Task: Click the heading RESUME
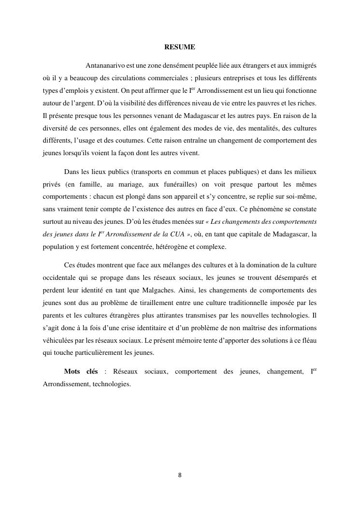180,47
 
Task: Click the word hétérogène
173,247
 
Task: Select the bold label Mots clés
81,372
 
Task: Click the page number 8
180,475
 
